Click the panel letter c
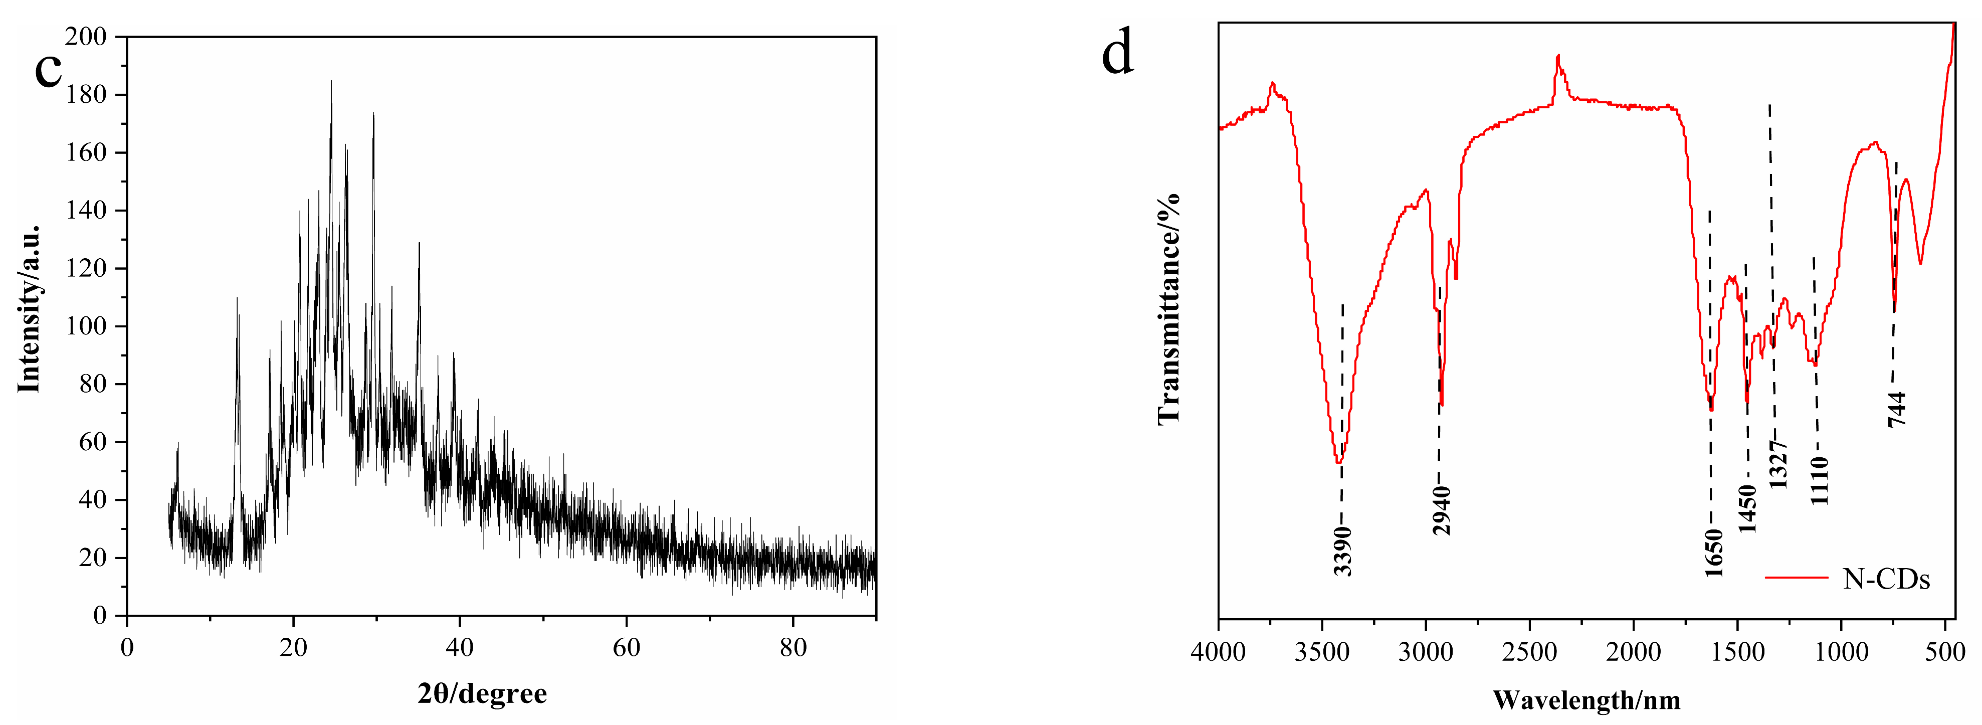point(48,69)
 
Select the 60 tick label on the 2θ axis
point(626,648)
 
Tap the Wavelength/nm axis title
point(1587,700)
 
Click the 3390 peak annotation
point(1342,551)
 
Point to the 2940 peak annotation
point(1441,509)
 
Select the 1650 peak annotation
point(1713,553)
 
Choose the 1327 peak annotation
point(1778,464)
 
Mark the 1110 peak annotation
point(1819,480)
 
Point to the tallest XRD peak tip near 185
point(332,81)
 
